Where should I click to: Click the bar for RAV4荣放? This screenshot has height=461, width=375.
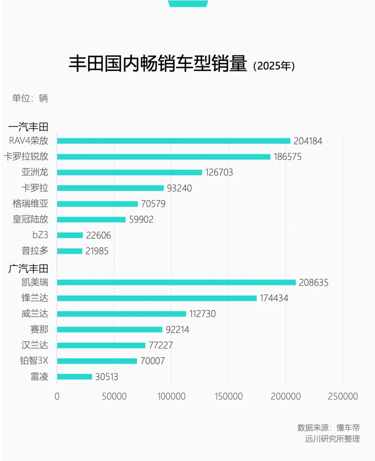[x=173, y=141]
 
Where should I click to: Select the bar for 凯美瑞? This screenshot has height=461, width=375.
[x=176, y=282]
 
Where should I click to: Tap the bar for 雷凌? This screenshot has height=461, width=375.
[x=75, y=377]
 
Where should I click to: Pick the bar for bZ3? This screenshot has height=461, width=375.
[x=70, y=235]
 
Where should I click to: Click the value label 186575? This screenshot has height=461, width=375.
[x=288, y=157]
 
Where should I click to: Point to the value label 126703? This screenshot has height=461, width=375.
[x=220, y=172]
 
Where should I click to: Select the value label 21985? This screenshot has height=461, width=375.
[x=97, y=251]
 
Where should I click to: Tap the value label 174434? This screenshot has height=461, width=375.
[x=275, y=298]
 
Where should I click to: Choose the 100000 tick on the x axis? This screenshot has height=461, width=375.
[x=171, y=396]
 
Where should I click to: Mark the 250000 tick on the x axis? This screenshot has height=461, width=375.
[x=343, y=396]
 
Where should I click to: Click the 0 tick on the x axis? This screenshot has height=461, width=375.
[x=57, y=396]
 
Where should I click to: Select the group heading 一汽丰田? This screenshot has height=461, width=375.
[x=29, y=127]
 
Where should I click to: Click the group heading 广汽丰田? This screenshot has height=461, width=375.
[x=29, y=269]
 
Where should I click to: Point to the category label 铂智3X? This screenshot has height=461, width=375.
[x=33, y=361]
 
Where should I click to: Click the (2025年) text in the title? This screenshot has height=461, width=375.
[x=274, y=66]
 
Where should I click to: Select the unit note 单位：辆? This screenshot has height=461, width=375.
[x=30, y=98]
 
